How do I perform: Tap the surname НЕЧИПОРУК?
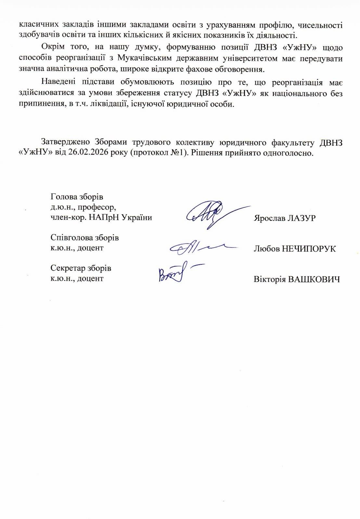point(309,249)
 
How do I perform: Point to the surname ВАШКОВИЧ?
point(314,280)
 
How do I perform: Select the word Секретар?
point(67,268)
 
